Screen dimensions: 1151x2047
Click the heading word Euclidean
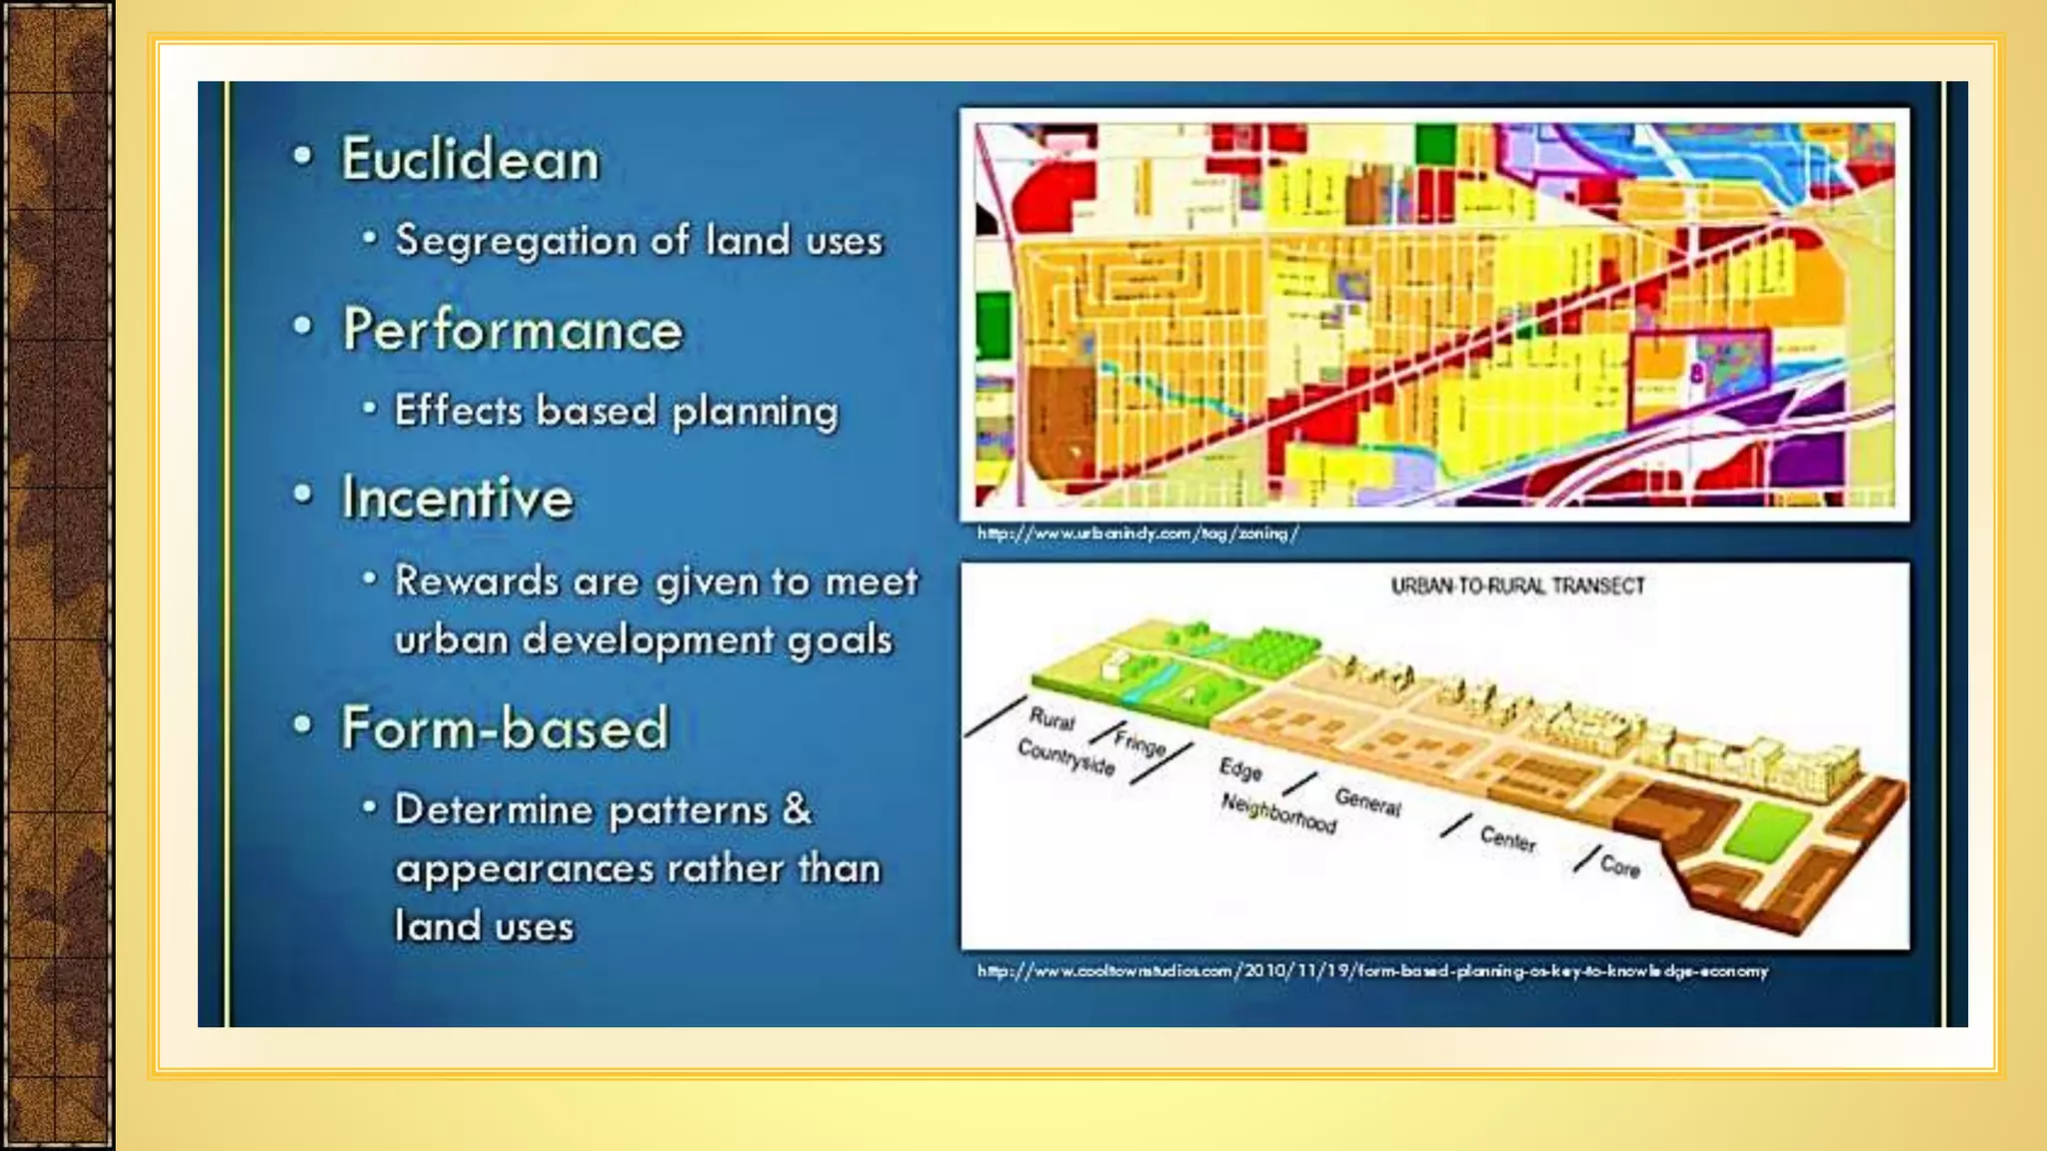470,160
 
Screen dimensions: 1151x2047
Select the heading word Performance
512,330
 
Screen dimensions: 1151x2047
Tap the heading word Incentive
457,499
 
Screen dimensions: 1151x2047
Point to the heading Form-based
504,728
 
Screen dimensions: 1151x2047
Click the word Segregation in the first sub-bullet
516,242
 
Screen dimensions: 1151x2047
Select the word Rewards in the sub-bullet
476,580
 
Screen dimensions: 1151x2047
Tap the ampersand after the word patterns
797,808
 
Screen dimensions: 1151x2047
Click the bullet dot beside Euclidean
303,156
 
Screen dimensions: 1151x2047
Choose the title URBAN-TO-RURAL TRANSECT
1516,586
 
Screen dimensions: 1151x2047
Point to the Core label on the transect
1619,865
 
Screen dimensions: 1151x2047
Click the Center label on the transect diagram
1507,839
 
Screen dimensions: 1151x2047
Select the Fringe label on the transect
1139,743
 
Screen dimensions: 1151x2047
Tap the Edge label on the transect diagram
1240,768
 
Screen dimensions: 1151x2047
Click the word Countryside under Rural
1065,757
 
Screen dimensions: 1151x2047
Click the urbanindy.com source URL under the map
1136,534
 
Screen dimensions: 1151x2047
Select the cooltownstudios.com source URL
1371,971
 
